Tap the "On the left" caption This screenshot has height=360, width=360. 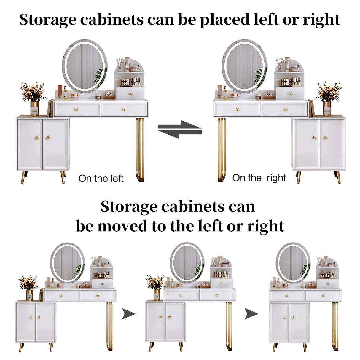tap(101, 179)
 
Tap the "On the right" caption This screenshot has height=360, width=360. tap(259, 178)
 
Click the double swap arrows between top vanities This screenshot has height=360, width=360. tap(180, 129)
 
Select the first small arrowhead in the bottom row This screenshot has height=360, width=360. tap(129, 314)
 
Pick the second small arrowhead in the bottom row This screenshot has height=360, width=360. tap(251, 314)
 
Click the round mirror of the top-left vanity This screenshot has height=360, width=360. tap(85, 66)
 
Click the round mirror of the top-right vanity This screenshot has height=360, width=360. tap(245, 66)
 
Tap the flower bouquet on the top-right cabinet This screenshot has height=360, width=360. tap(329, 92)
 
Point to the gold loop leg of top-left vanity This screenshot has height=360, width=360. tap(140, 150)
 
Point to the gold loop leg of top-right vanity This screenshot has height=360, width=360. tap(222, 150)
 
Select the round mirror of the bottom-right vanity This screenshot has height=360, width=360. tap(293, 262)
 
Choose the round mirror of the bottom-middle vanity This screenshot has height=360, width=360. tap(187, 262)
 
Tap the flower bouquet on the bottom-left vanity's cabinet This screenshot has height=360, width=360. tap(28, 282)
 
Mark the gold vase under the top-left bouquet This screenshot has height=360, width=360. tap(35, 109)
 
